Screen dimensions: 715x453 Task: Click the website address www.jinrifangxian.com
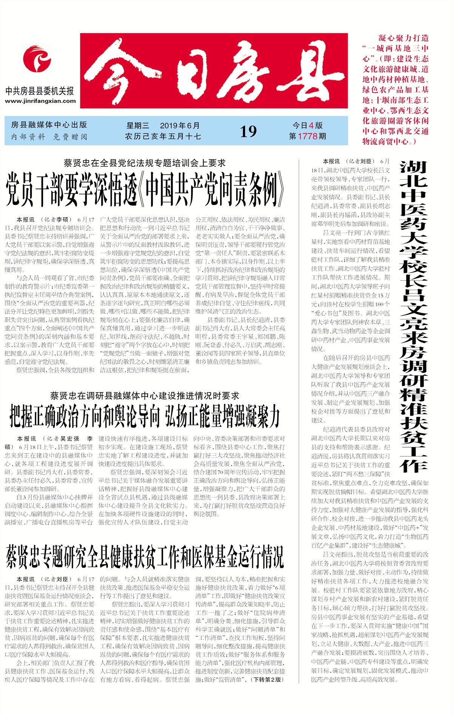click(40, 101)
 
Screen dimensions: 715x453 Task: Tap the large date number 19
click(248, 131)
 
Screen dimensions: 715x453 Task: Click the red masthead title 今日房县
click(214, 71)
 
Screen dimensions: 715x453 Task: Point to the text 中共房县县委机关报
click(40, 91)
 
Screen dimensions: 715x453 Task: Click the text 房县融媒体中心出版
click(49, 125)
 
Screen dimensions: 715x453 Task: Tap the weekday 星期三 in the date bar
click(138, 126)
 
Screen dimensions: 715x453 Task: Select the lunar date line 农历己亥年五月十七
click(163, 136)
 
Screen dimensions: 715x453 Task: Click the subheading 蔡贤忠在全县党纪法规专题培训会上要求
click(145, 163)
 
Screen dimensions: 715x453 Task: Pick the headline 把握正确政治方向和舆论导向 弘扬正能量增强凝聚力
click(145, 416)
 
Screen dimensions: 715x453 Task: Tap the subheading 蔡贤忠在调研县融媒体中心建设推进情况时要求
click(145, 396)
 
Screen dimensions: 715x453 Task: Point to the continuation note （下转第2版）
click(268, 680)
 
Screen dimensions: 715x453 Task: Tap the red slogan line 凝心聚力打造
click(404, 38)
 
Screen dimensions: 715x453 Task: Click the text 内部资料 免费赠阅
click(49, 137)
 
